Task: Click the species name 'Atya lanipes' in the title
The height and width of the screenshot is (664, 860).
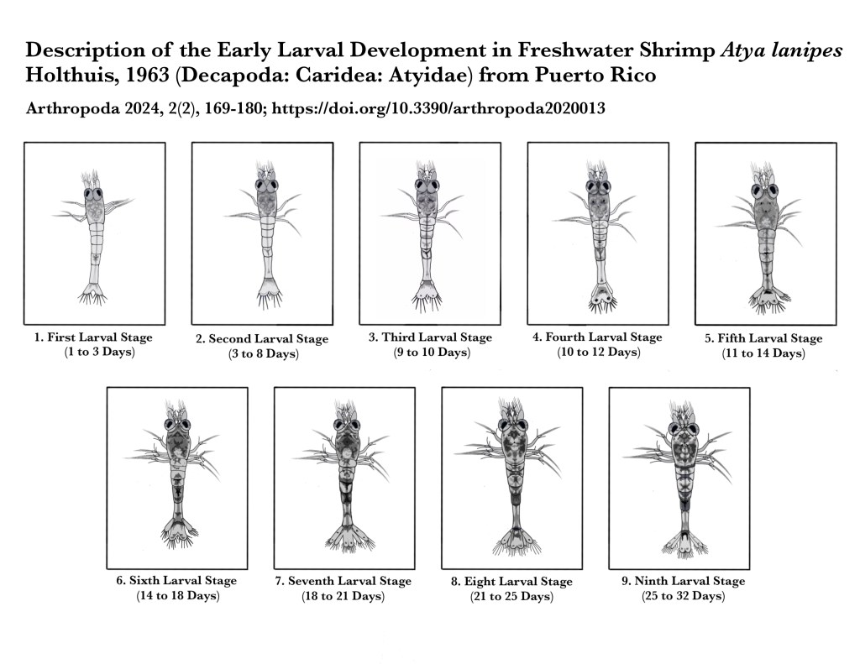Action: point(781,50)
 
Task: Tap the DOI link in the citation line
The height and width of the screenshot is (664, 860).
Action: point(438,108)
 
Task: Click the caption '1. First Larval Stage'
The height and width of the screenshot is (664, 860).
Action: point(93,337)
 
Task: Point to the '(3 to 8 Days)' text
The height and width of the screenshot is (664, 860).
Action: point(263,353)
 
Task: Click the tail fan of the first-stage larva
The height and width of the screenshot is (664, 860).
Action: point(92,295)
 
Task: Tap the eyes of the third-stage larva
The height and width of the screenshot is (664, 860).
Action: point(426,185)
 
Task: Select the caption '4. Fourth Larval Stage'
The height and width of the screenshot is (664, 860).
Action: point(597,337)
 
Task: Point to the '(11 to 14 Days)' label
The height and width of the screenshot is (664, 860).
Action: point(763,353)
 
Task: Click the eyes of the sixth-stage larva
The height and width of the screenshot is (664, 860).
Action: point(176,425)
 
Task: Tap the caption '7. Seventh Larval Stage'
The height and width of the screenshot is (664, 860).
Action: point(343,581)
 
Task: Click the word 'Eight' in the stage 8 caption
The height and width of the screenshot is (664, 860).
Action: point(480,581)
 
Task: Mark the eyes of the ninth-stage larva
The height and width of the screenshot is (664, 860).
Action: point(683,428)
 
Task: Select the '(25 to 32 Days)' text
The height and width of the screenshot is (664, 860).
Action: point(684,595)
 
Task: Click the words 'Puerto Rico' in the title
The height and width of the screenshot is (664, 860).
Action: point(595,75)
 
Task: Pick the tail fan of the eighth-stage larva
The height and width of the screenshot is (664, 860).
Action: point(517,541)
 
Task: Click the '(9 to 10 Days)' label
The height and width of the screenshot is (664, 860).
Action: point(431,352)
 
